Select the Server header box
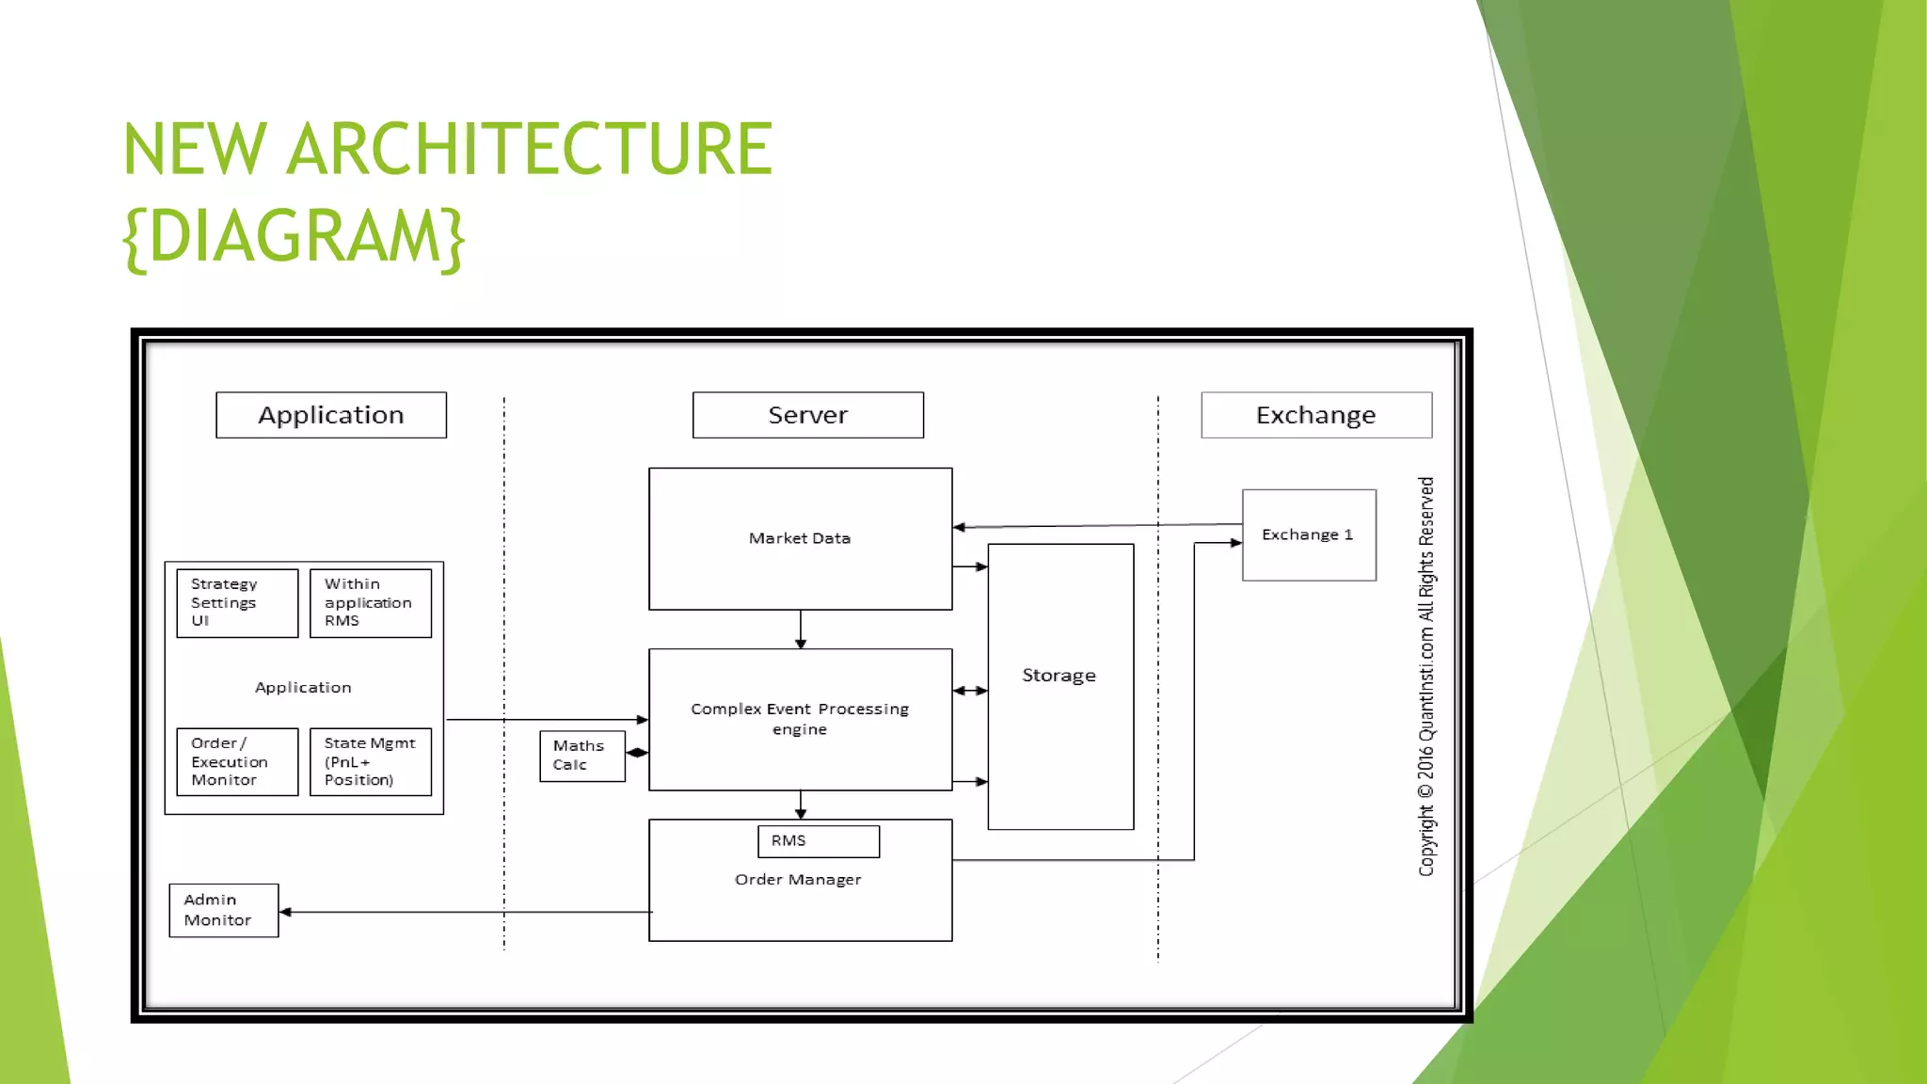click(807, 415)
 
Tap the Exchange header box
click(1315, 415)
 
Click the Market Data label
click(799, 538)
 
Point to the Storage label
click(1059, 676)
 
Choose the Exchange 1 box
click(1308, 534)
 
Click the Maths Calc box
click(581, 756)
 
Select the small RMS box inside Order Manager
click(818, 841)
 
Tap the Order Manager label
click(798, 880)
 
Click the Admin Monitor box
click(223, 910)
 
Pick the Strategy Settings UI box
click(237, 602)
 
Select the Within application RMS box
click(370, 602)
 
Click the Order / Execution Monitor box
click(237, 761)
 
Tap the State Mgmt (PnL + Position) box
click(370, 761)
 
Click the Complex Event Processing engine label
click(799, 719)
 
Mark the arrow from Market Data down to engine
click(801, 629)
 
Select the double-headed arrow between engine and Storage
click(970, 691)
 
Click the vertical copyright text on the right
click(1426, 676)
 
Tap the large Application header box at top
click(331, 415)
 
